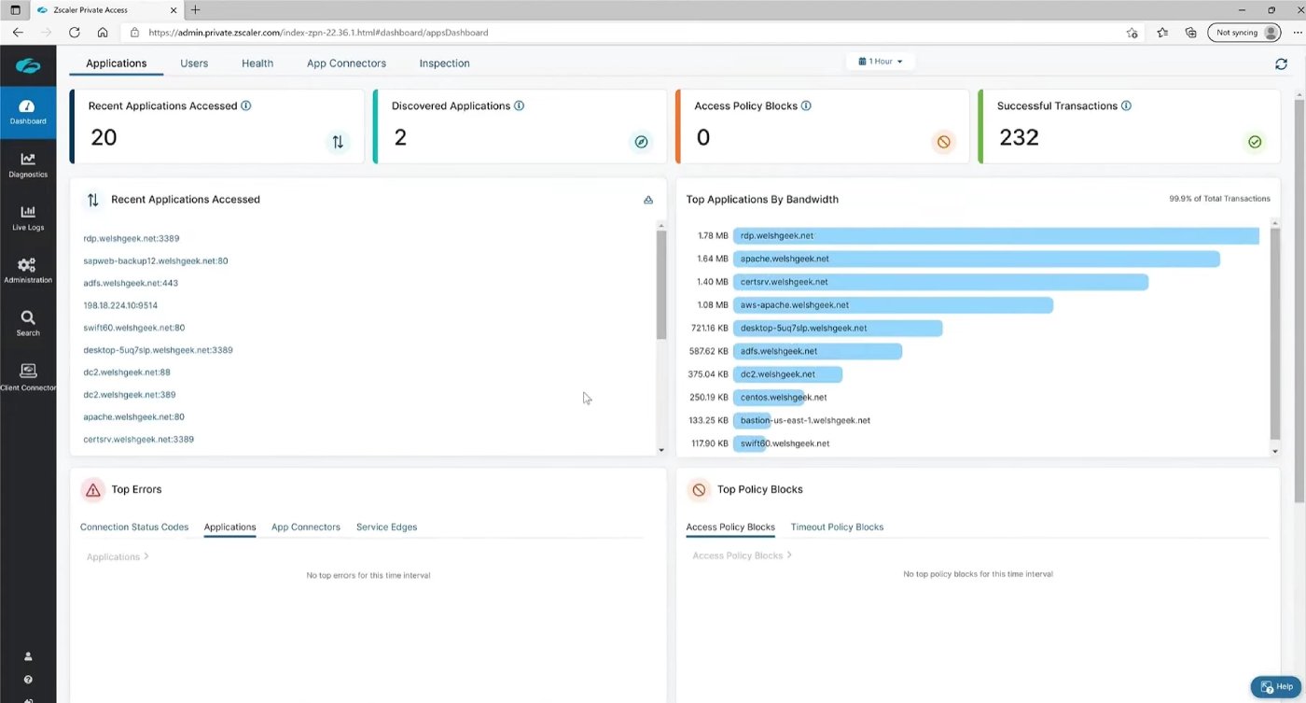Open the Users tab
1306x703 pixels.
coord(194,63)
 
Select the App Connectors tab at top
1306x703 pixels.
coord(346,63)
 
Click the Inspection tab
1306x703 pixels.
coord(444,63)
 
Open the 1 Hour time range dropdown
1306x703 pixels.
coord(881,62)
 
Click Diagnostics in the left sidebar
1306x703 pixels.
coord(28,164)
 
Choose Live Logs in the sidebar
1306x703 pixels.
coord(28,218)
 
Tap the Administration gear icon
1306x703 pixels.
coord(27,266)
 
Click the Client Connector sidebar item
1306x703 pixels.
coord(28,376)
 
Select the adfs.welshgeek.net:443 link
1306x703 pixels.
coord(131,283)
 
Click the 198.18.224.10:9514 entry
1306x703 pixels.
coord(120,305)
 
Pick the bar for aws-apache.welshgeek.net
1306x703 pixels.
coord(893,305)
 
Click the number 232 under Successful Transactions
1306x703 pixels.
coord(1019,138)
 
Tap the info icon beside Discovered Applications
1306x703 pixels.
coord(520,106)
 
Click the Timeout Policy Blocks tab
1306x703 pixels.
coord(837,527)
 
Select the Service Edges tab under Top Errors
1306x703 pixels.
coord(386,527)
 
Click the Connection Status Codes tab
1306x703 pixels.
coord(134,527)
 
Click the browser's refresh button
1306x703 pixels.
coord(74,33)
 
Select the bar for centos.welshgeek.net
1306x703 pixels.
coord(769,398)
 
